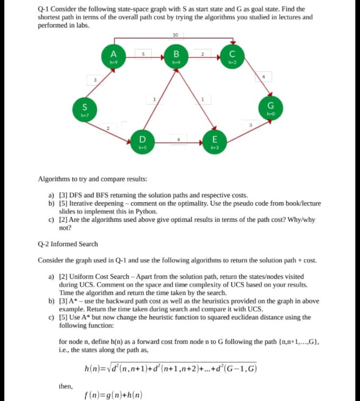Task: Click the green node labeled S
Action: click(x=85, y=110)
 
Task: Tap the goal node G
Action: click(x=271, y=108)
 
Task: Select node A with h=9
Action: click(x=113, y=56)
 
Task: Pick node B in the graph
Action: click(x=176, y=56)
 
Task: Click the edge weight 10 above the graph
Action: click(x=176, y=35)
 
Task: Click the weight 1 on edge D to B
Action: click(x=154, y=99)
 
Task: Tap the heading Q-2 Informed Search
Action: click(x=68, y=244)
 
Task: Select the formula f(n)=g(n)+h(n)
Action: click(x=114, y=395)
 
